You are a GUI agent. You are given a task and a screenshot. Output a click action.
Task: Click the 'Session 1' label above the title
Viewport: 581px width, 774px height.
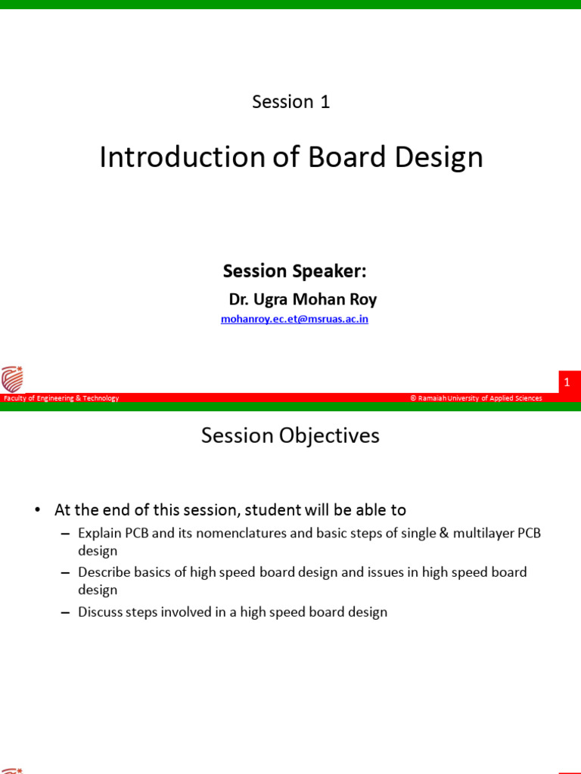click(291, 101)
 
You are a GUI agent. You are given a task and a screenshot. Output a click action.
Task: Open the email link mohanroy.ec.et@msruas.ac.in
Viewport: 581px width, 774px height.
click(294, 319)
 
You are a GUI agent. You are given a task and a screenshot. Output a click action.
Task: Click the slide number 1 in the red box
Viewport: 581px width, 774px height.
click(567, 383)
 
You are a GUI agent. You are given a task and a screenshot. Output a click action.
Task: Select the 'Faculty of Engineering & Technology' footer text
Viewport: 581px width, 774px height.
click(61, 398)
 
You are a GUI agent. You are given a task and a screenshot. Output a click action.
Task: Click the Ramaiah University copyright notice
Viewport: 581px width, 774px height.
click(476, 398)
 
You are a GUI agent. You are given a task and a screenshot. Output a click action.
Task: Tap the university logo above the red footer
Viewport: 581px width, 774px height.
click(12, 378)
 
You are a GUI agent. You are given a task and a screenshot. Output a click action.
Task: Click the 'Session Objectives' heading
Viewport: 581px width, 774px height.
click(290, 435)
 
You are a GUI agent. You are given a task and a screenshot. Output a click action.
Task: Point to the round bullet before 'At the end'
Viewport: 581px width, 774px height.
click(38, 510)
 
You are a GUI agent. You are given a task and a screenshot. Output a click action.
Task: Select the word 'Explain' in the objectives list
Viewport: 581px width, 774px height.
click(101, 533)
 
